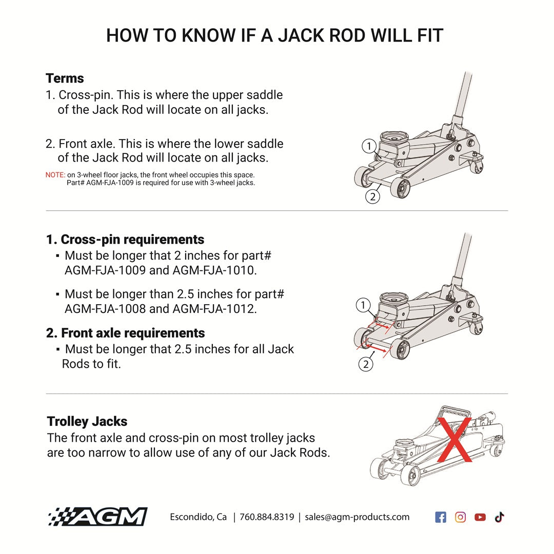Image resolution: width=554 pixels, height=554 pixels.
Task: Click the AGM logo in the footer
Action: point(97,517)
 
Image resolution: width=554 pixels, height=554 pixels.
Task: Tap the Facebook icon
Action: point(440,517)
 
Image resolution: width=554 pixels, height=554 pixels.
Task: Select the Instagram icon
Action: point(460,517)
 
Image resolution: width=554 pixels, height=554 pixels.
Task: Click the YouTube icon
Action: point(480,517)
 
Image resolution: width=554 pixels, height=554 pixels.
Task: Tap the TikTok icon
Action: point(500,517)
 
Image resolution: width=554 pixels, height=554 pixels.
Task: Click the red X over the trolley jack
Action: point(453,437)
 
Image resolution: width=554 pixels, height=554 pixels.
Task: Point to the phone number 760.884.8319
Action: point(267,517)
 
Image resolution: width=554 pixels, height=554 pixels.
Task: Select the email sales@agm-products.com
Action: point(357,517)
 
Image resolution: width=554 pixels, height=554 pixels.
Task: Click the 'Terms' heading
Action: point(65,78)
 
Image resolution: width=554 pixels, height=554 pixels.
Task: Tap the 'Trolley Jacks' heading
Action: point(87,422)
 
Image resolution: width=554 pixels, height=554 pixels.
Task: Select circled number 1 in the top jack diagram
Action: point(369,146)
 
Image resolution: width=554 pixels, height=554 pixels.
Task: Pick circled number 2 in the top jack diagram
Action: point(373,196)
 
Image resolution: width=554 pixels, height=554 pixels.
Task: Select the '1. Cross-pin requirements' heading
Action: point(125,240)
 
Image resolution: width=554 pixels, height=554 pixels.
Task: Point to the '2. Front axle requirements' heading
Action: point(125,333)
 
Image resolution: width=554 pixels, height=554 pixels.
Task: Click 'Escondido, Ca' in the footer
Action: point(198,517)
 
